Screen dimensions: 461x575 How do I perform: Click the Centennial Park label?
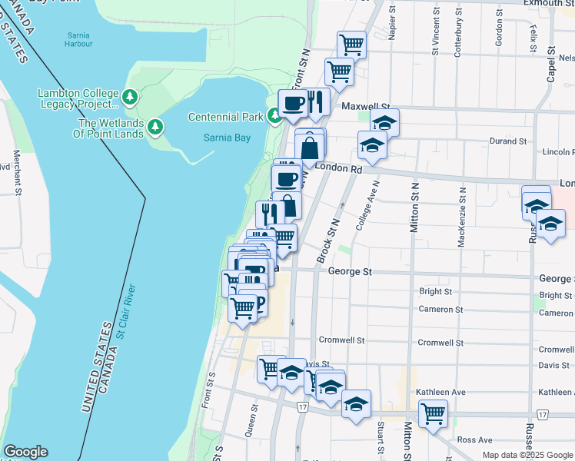226,117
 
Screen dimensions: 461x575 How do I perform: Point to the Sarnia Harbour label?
80,40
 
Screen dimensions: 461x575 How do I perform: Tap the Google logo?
25,452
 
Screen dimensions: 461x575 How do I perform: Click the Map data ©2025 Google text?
527,455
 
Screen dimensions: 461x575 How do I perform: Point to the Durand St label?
509,141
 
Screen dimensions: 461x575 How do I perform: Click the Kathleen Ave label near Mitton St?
441,392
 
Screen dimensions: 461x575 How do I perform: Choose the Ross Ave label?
474,439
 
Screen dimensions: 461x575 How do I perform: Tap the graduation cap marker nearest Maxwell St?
384,121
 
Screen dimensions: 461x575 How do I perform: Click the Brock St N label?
328,240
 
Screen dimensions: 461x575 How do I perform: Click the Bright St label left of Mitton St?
435,291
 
